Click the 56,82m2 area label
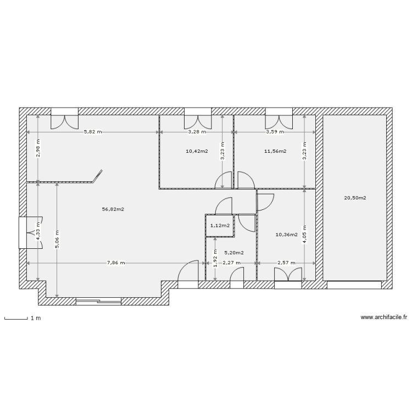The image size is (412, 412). [113, 209]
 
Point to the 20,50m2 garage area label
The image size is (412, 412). [355, 198]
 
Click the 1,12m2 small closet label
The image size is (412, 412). [220, 225]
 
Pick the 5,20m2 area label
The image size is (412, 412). [234, 253]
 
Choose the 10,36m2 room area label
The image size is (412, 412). [286, 235]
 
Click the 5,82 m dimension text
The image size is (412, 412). [92, 132]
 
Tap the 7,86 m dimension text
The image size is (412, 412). [115, 263]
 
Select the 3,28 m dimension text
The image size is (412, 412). [197, 132]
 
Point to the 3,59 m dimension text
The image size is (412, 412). [275, 132]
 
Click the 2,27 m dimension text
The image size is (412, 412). [232, 263]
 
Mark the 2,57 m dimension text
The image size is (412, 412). [286, 263]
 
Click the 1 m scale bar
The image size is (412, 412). [16, 318]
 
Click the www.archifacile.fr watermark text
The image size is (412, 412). [383, 317]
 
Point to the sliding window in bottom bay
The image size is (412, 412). [98, 300]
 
